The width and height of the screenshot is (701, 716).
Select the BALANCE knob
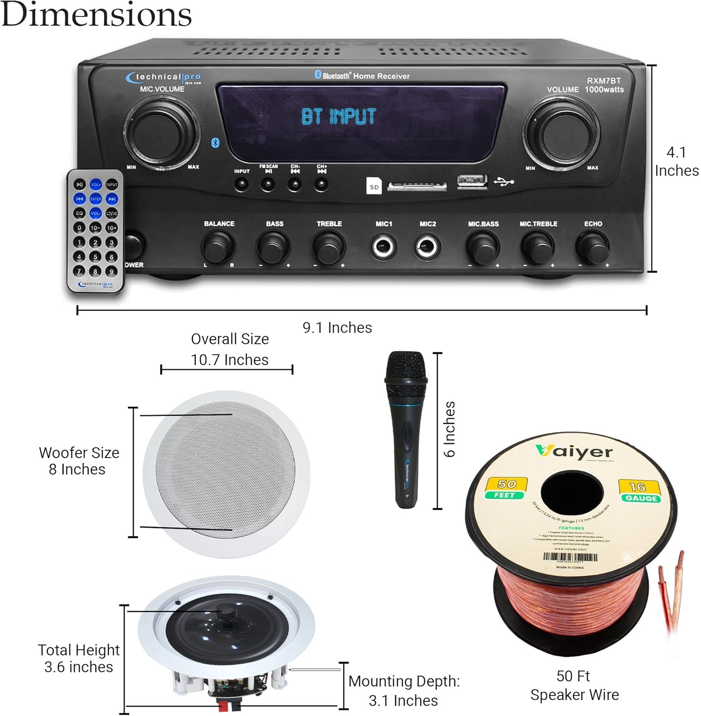coord(218,247)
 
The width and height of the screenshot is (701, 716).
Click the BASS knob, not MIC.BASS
coord(273,247)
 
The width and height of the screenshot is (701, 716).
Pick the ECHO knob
coord(592,247)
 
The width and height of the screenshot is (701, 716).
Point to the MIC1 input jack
coord(384,247)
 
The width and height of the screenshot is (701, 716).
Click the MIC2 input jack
coord(427,247)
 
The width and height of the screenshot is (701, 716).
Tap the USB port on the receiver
coord(471,182)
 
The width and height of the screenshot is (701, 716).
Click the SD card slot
coord(417,186)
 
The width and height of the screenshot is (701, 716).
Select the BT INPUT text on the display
coord(338,116)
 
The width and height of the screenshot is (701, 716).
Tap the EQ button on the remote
coord(80,213)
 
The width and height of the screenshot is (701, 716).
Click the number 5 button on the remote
coord(95,257)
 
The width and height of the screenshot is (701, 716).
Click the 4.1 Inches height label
coord(676,161)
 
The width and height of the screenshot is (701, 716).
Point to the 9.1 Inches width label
coord(337,327)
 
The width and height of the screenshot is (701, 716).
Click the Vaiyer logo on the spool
coord(574,451)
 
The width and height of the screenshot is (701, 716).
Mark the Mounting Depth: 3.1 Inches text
coord(404,690)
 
